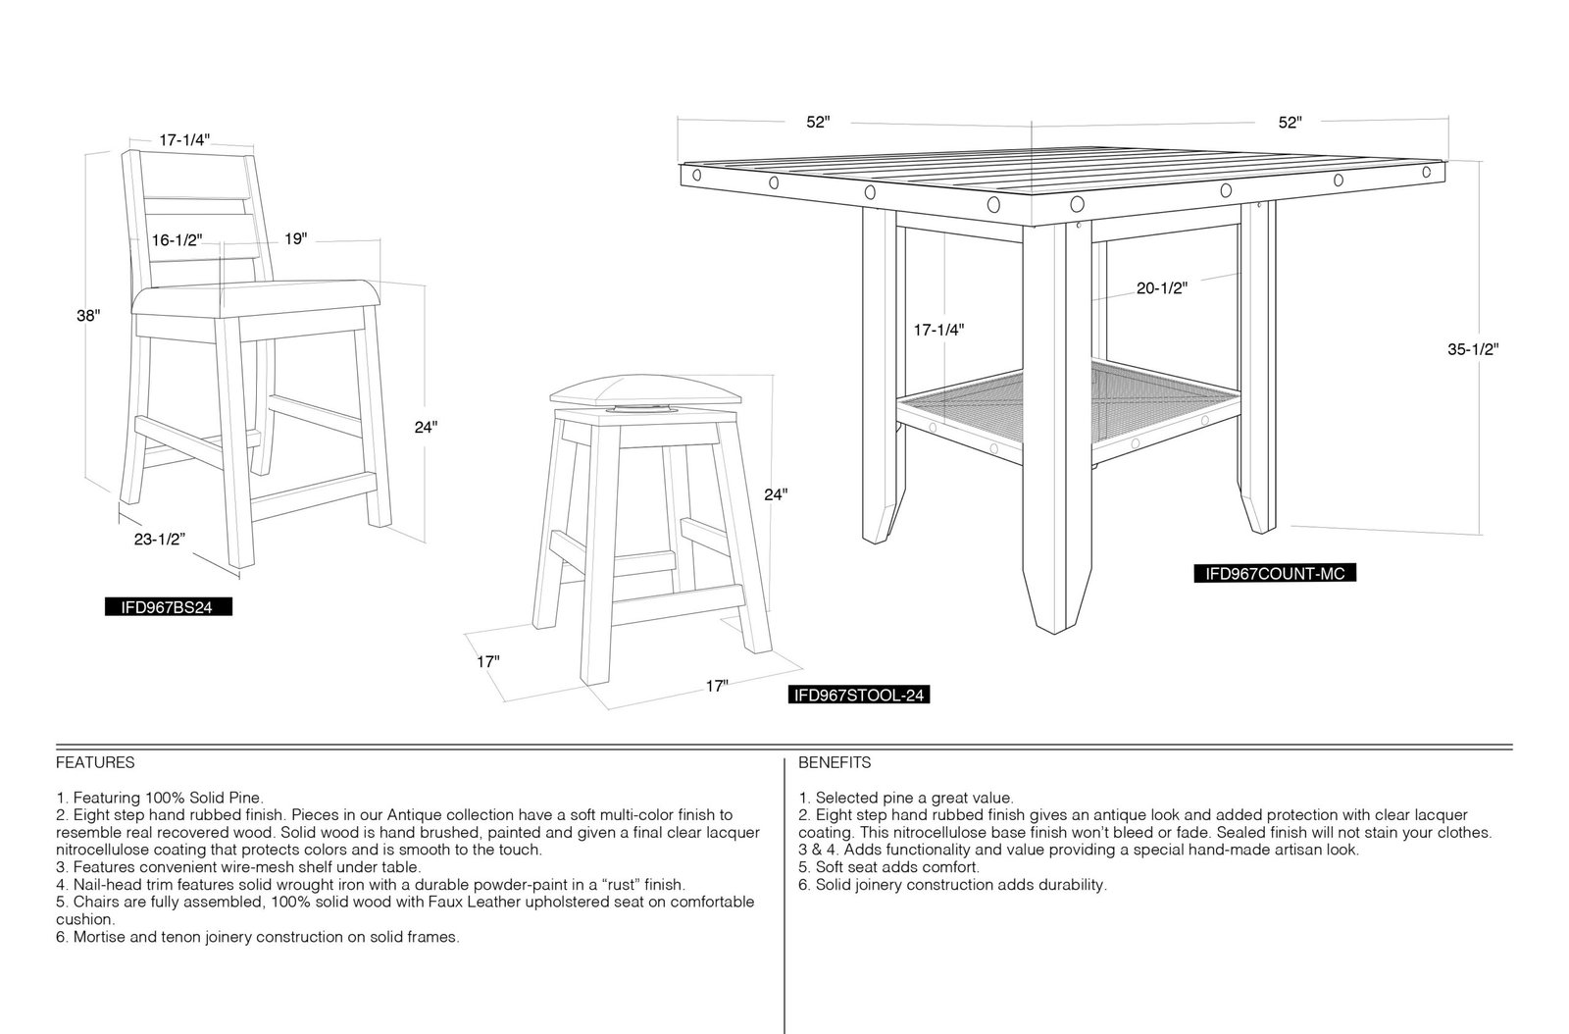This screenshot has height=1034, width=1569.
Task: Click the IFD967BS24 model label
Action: click(168, 606)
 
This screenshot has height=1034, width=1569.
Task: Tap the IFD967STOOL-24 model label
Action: click(859, 695)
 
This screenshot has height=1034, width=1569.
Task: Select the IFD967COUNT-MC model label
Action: click(1275, 573)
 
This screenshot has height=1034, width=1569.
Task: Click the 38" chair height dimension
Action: click(89, 315)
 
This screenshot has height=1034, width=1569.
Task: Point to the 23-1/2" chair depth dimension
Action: click(160, 539)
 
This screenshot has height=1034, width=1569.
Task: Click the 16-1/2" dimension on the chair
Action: click(177, 240)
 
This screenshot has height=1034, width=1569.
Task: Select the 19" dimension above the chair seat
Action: click(295, 239)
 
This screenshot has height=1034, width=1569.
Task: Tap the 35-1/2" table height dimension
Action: click(1474, 349)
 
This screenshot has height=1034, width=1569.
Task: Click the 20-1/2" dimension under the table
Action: click(1162, 287)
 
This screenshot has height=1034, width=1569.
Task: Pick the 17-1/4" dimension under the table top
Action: click(938, 330)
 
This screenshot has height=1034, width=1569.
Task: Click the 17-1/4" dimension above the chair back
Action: click(184, 140)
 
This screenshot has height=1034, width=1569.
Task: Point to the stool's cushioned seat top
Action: click(644, 390)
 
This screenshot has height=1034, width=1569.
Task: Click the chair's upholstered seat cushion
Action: click(256, 300)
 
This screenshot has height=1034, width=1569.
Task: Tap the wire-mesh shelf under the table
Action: click(1068, 406)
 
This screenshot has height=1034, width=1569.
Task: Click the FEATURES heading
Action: click(95, 762)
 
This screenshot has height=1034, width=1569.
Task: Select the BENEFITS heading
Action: click(835, 762)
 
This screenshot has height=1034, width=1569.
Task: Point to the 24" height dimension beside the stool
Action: click(776, 494)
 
